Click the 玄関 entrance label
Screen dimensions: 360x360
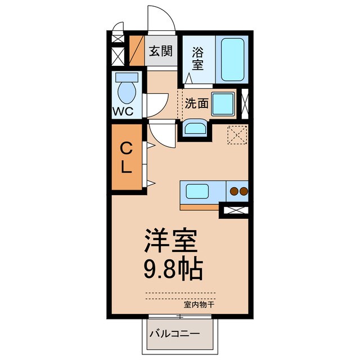click(160, 51)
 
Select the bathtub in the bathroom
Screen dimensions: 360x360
click(231, 59)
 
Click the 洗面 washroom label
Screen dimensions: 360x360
click(196, 103)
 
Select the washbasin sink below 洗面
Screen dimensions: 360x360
click(195, 129)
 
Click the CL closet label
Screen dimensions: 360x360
click(127, 157)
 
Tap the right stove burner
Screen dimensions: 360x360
click(243, 191)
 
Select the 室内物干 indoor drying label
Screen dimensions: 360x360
click(199, 304)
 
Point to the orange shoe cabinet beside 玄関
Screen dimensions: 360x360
click(137, 51)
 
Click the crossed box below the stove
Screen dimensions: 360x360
click(233, 211)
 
